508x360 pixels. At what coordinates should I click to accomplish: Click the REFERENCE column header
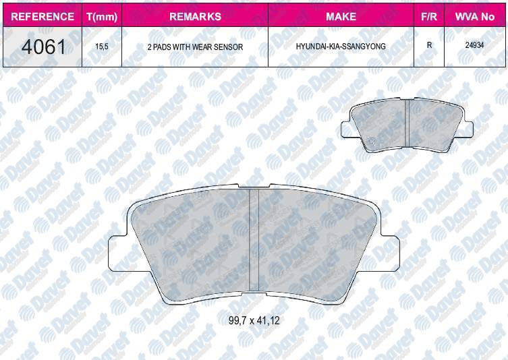click(x=43, y=16)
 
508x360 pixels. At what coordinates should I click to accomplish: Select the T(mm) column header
click(x=102, y=16)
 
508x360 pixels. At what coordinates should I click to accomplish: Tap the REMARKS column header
click(x=195, y=16)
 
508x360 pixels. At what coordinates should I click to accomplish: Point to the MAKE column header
click(x=341, y=16)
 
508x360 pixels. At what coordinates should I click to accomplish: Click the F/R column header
click(x=429, y=16)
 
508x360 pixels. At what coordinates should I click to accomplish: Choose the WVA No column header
click(x=475, y=16)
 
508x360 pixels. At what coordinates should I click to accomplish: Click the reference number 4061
click(x=43, y=47)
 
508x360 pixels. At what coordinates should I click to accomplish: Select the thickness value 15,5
click(x=102, y=47)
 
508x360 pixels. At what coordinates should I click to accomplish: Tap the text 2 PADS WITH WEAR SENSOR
click(x=195, y=47)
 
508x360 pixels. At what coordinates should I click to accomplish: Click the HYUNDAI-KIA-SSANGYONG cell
click(x=341, y=47)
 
